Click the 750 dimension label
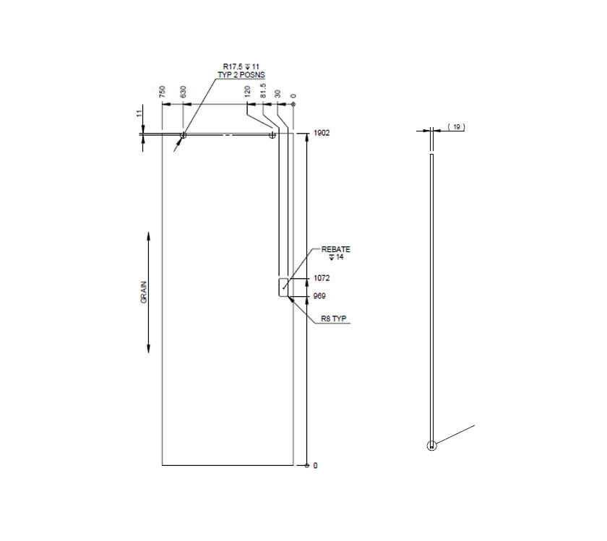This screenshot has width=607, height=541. (x=163, y=92)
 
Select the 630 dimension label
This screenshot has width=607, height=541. (x=184, y=92)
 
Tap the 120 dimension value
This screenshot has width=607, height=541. (x=248, y=92)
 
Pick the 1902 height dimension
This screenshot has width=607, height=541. (x=322, y=134)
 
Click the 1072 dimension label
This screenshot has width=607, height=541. (x=322, y=278)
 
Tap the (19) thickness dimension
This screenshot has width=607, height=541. (x=456, y=127)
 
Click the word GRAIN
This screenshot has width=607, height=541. (x=144, y=293)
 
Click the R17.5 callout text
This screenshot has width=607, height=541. (x=234, y=67)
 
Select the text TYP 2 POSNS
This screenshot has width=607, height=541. (x=241, y=75)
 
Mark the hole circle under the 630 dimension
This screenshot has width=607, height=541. (x=183, y=134)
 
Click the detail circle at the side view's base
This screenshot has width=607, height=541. (x=431, y=446)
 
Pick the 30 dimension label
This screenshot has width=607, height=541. (x=277, y=93)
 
